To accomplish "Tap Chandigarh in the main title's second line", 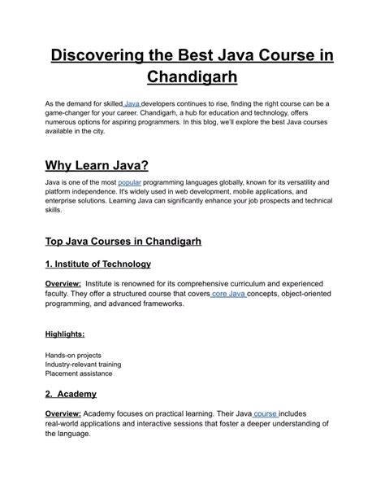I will [192, 78].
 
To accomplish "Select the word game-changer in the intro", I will [72, 116].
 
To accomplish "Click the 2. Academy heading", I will [71, 394].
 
